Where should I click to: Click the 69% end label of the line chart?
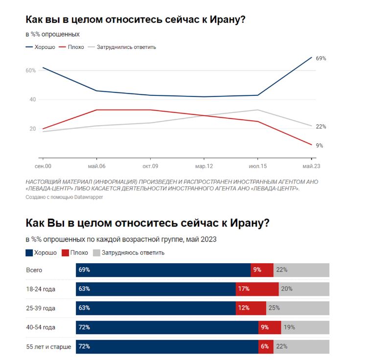pos(321,58)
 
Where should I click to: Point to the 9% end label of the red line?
pos(319,145)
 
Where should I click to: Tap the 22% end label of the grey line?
pos(321,127)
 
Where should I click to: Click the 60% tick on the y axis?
pos(30,70)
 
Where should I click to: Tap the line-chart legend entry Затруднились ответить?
pos(126,47)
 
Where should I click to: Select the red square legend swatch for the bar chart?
pos(65,253)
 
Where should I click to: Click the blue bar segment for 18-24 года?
pos(156,289)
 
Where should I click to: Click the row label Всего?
pos(34,270)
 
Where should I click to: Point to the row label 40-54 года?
pos(41,327)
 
